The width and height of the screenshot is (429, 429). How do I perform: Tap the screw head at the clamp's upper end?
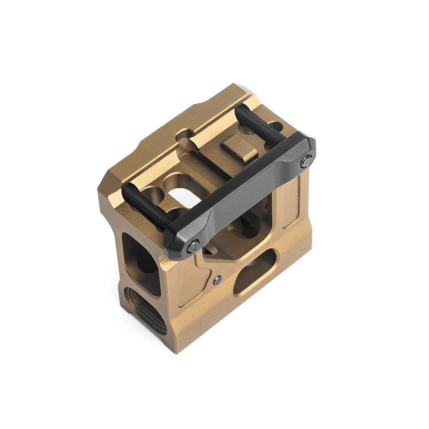click(306, 162)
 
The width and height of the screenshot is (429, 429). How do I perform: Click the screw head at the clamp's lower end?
click(194, 246)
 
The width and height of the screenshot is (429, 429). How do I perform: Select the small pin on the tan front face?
click(218, 281)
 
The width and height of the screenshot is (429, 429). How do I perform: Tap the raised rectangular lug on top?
click(239, 148)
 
